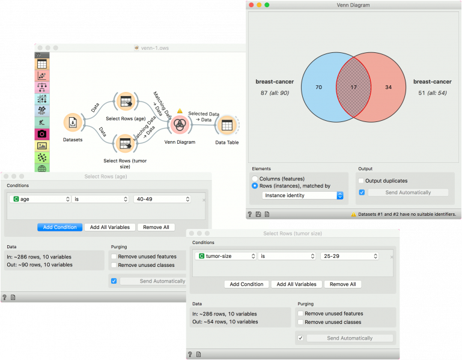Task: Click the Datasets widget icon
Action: pos(73,122)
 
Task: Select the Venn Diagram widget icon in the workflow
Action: pos(180,125)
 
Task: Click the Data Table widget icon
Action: pos(227,125)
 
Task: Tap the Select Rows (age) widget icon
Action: pos(126,102)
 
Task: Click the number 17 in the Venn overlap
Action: pos(354,87)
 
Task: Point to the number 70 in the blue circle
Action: pos(319,87)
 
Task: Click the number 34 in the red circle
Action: pos(388,87)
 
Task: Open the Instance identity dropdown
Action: pos(303,195)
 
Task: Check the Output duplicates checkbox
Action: pos(361,181)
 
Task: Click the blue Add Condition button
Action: pos(60,227)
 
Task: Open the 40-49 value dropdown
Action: pos(162,199)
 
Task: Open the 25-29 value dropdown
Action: pos(350,256)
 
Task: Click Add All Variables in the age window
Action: pos(110,227)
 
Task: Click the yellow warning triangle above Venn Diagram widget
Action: pos(180,111)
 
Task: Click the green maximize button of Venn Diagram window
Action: pos(267,5)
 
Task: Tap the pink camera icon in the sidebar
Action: pos(42,134)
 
